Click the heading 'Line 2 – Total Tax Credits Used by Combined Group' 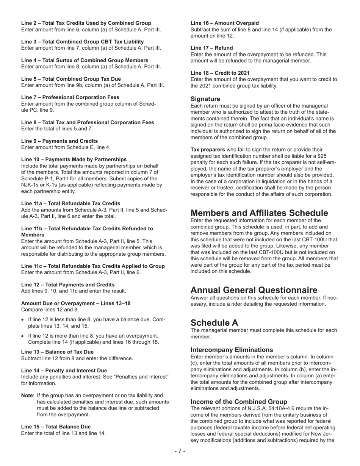pyautogui.click(x=86, y=23)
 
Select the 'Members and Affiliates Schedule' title pyautogui.click(x=259, y=213)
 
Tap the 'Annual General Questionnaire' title pyautogui.click(x=254, y=290)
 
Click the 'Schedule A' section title pyautogui.click(x=214, y=322)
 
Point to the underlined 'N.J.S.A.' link pyautogui.click(x=257, y=408)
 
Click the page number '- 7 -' pyautogui.click(x=180, y=451)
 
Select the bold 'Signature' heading pyautogui.click(x=205, y=99)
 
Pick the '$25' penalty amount pyautogui.click(x=332, y=156)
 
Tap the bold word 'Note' pyautogui.click(x=27, y=395)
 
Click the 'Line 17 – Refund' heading pyautogui.click(x=211, y=48)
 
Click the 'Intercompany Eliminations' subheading pyautogui.click(x=231, y=350)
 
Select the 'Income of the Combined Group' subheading pyautogui.click(x=239, y=402)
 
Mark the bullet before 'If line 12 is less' pyautogui.click(x=23, y=320)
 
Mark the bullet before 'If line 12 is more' pyautogui.click(x=23, y=336)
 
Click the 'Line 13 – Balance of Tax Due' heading pyautogui.click(x=57, y=352)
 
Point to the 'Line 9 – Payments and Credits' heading pyautogui.click(x=59, y=141)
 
